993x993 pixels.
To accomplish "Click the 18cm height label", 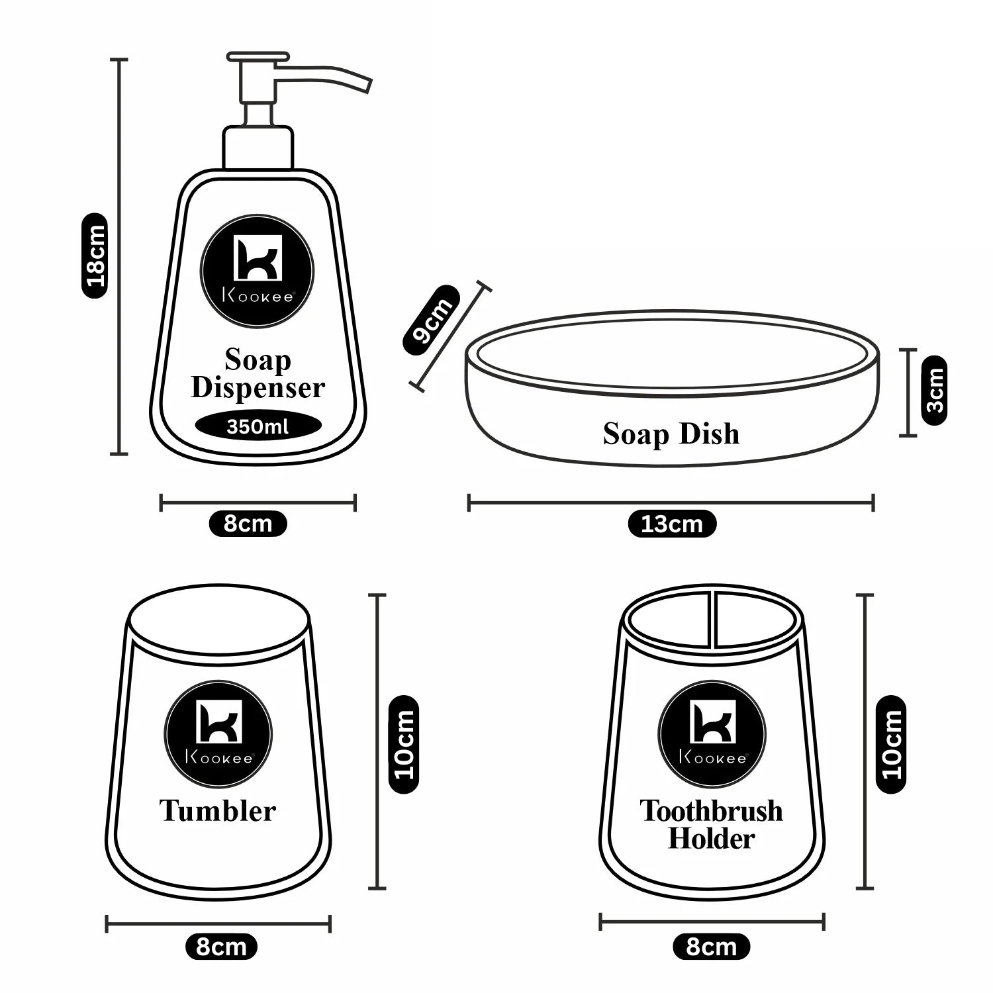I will (x=94, y=256).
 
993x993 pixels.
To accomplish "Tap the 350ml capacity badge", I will (x=258, y=426).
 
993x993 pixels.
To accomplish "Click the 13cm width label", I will (x=671, y=524).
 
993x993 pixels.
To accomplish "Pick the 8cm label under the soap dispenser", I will (x=248, y=524).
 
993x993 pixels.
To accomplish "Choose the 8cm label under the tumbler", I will (x=221, y=947).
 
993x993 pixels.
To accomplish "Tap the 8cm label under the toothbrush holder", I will (x=711, y=947).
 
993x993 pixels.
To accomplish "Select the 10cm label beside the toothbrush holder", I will (x=891, y=745).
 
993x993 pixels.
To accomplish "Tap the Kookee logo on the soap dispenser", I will (x=258, y=271).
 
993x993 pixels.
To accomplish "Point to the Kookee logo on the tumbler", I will (x=218, y=733).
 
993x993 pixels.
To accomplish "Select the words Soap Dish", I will (x=671, y=434).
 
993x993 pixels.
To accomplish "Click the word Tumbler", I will (x=217, y=811).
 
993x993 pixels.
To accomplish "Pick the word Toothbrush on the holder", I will (x=711, y=811).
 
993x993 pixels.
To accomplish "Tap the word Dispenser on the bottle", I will (x=258, y=388).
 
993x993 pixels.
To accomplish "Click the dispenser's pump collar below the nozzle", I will (x=258, y=147).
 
